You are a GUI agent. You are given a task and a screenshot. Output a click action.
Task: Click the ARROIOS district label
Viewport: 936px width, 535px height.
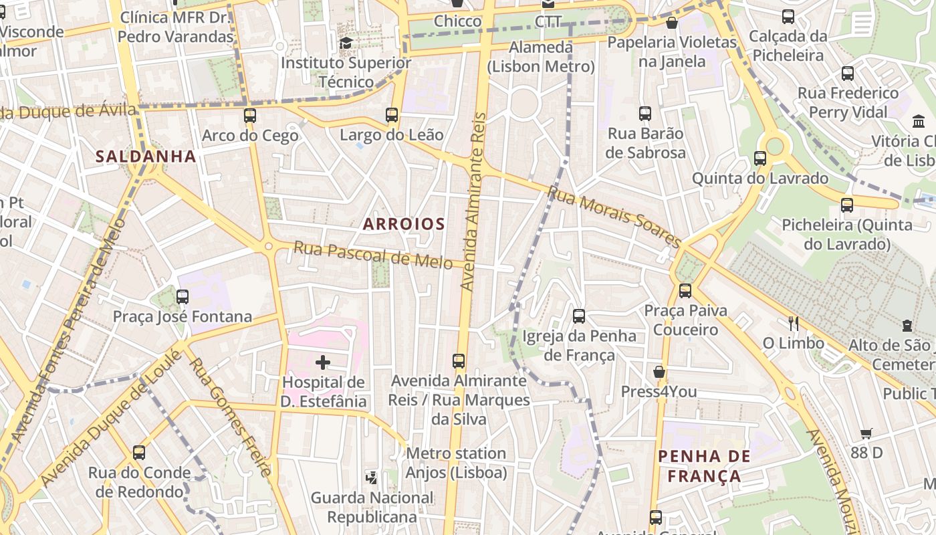point(404,224)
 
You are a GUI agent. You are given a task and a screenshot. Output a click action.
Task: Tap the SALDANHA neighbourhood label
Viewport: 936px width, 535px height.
point(146,156)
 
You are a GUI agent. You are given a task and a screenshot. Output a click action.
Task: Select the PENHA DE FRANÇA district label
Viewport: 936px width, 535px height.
point(704,466)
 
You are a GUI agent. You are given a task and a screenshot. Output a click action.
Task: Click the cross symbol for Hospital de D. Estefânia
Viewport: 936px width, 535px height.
point(323,363)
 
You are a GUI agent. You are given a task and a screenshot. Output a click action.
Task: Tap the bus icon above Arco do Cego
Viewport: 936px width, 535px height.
point(250,116)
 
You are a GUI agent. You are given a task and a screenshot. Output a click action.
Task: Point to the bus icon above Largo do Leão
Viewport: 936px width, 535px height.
point(392,115)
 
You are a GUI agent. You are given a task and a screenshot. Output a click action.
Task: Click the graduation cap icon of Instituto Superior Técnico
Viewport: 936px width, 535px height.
point(346,43)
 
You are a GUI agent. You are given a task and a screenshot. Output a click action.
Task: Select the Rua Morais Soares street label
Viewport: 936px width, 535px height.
point(614,217)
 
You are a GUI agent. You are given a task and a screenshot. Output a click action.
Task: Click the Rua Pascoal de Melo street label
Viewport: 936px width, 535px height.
point(373,255)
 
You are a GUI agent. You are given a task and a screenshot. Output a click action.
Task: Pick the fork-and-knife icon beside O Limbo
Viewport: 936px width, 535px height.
point(793,324)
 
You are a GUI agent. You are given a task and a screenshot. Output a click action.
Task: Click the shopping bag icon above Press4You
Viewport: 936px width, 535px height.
point(659,372)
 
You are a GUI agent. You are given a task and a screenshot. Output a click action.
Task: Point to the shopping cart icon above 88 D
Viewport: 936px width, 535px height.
point(866,433)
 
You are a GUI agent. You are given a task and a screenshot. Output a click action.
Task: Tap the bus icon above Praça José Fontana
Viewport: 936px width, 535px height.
point(183,296)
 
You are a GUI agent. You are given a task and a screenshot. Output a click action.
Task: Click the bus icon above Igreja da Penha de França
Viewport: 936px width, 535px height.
point(579,316)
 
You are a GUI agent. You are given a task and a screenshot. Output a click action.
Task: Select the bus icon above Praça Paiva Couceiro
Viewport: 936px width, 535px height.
point(685,290)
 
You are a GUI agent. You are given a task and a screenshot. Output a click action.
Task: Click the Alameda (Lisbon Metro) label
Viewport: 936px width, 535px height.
point(540,57)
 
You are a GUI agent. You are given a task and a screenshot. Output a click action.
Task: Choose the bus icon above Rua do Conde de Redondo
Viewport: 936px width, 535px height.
point(139,453)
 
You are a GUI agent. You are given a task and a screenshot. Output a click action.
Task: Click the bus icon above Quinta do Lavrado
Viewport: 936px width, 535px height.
point(760,158)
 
